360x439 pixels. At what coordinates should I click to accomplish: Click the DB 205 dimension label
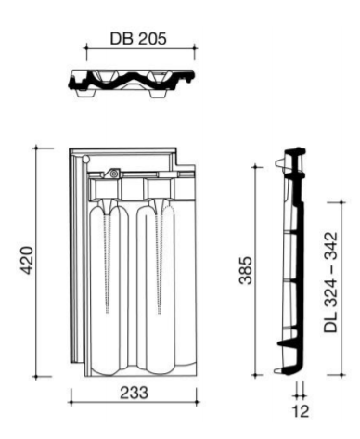(138, 39)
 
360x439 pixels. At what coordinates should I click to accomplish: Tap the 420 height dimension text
(27, 260)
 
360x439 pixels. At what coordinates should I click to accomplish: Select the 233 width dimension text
(134, 393)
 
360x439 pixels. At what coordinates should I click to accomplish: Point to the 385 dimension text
(247, 270)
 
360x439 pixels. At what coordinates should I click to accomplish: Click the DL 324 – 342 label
(330, 282)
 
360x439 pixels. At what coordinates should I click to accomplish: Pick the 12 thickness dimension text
(300, 411)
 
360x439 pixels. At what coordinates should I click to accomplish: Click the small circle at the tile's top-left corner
(85, 160)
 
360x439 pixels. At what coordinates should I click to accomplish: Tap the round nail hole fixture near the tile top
(114, 174)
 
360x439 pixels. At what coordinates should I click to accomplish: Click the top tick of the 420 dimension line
(36, 148)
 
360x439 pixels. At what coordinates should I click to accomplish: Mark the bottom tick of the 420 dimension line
(36, 377)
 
